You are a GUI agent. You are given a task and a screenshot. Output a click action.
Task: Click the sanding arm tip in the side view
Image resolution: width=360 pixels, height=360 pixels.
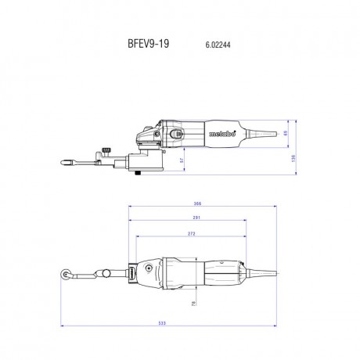(x=63, y=163)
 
